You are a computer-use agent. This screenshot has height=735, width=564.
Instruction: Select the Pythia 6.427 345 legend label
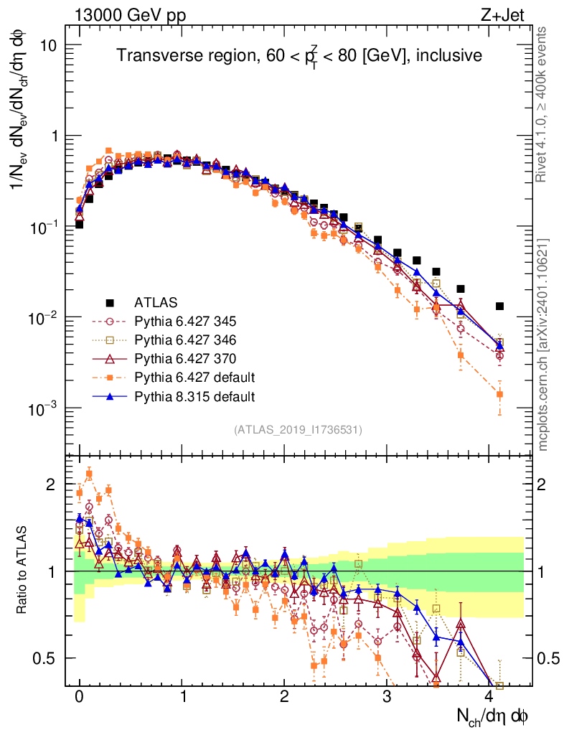189,321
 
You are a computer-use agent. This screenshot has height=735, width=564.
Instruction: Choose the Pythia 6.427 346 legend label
189,340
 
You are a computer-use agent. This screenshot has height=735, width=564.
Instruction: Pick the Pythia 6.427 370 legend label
189,358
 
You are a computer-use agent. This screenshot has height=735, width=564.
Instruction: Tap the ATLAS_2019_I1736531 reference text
298,430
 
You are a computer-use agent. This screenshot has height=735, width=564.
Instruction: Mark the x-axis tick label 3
387,698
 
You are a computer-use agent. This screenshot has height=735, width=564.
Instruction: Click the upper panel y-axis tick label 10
47,45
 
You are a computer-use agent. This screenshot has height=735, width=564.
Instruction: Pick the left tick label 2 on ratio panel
51,484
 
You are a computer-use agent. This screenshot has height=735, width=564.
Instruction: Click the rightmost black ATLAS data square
499,306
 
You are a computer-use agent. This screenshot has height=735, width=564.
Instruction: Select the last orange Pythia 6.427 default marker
499,394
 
